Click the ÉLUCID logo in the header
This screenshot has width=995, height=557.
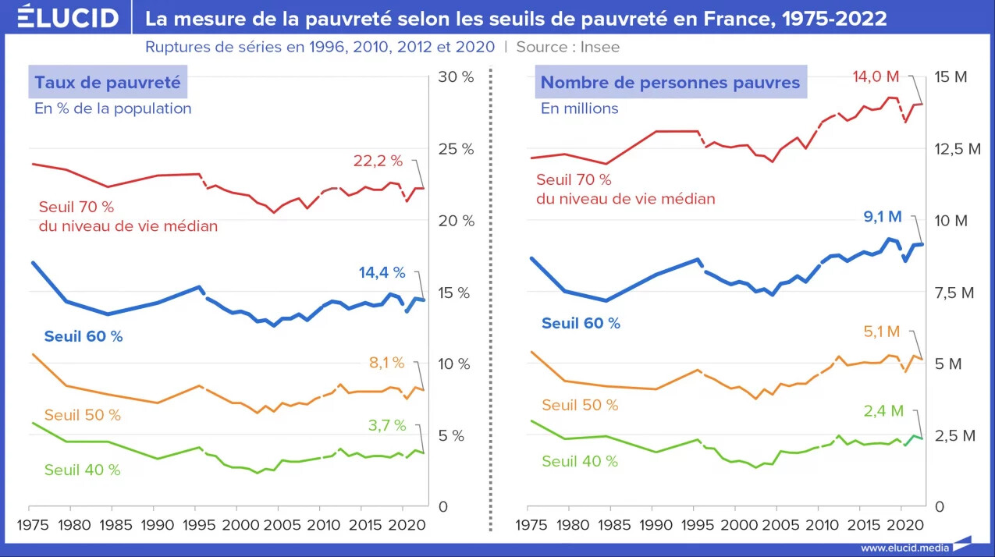69,16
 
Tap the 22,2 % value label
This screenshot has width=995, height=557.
378,161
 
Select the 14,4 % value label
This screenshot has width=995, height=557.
382,272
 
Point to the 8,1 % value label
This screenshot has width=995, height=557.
387,363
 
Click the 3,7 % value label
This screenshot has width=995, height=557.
387,425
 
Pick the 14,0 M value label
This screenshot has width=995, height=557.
876,77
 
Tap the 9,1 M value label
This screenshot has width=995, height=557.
883,217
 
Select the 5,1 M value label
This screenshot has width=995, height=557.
882,332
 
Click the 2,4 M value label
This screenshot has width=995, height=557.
883,411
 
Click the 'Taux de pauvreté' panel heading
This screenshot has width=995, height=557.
108,82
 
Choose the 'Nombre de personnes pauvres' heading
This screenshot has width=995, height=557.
670,82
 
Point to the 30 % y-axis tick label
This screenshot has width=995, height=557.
456,77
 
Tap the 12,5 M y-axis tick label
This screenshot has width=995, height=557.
958,149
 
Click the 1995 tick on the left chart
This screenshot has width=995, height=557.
199,525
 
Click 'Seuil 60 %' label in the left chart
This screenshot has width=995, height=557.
84,336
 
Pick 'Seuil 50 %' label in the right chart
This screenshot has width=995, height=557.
580,405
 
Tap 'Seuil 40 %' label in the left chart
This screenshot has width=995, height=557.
82,470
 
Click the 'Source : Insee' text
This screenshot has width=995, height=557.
567,47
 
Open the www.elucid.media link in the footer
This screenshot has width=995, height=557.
904,548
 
